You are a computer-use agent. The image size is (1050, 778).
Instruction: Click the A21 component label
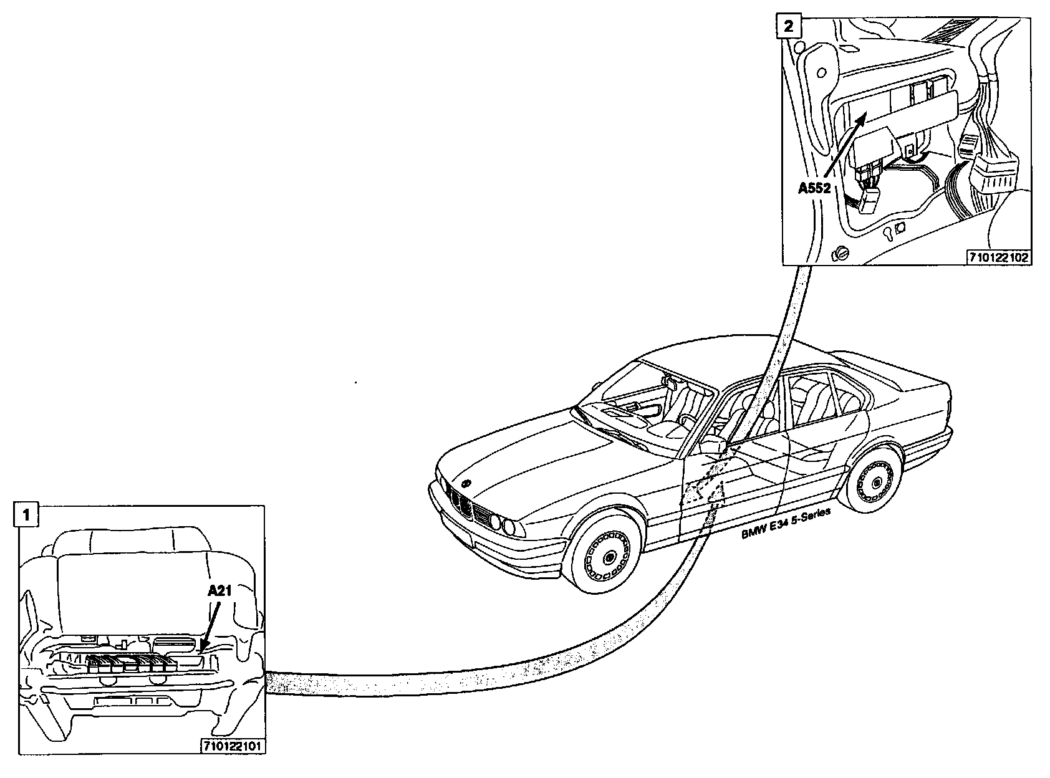coord(219,590)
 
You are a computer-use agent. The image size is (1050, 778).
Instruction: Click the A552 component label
coord(815,188)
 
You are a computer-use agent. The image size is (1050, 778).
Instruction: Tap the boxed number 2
coord(789,26)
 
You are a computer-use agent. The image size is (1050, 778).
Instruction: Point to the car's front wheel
coord(605,552)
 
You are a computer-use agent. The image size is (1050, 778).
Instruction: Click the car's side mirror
coord(712,446)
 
